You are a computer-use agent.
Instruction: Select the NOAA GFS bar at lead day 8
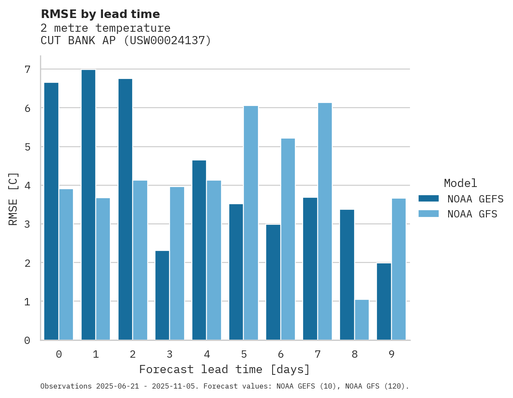pyautogui.click(x=362, y=320)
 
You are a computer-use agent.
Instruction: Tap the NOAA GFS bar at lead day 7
pyautogui.click(x=325, y=221)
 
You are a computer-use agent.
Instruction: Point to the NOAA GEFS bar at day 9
pyautogui.click(x=384, y=302)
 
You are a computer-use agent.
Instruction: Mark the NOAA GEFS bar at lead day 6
pyautogui.click(x=273, y=282)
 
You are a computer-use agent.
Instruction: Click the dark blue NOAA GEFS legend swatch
pyautogui.click(x=428, y=199)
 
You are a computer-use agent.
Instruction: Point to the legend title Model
pyautogui.click(x=460, y=183)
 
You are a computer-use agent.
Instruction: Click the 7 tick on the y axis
pyautogui.click(x=27, y=69)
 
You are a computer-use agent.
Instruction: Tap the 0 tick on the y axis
pyautogui.click(x=27, y=341)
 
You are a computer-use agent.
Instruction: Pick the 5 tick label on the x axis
pyautogui.click(x=244, y=354)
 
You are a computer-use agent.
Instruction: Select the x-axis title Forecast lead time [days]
pyautogui.click(x=224, y=369)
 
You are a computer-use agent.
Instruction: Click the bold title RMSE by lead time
pyautogui.click(x=100, y=14)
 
